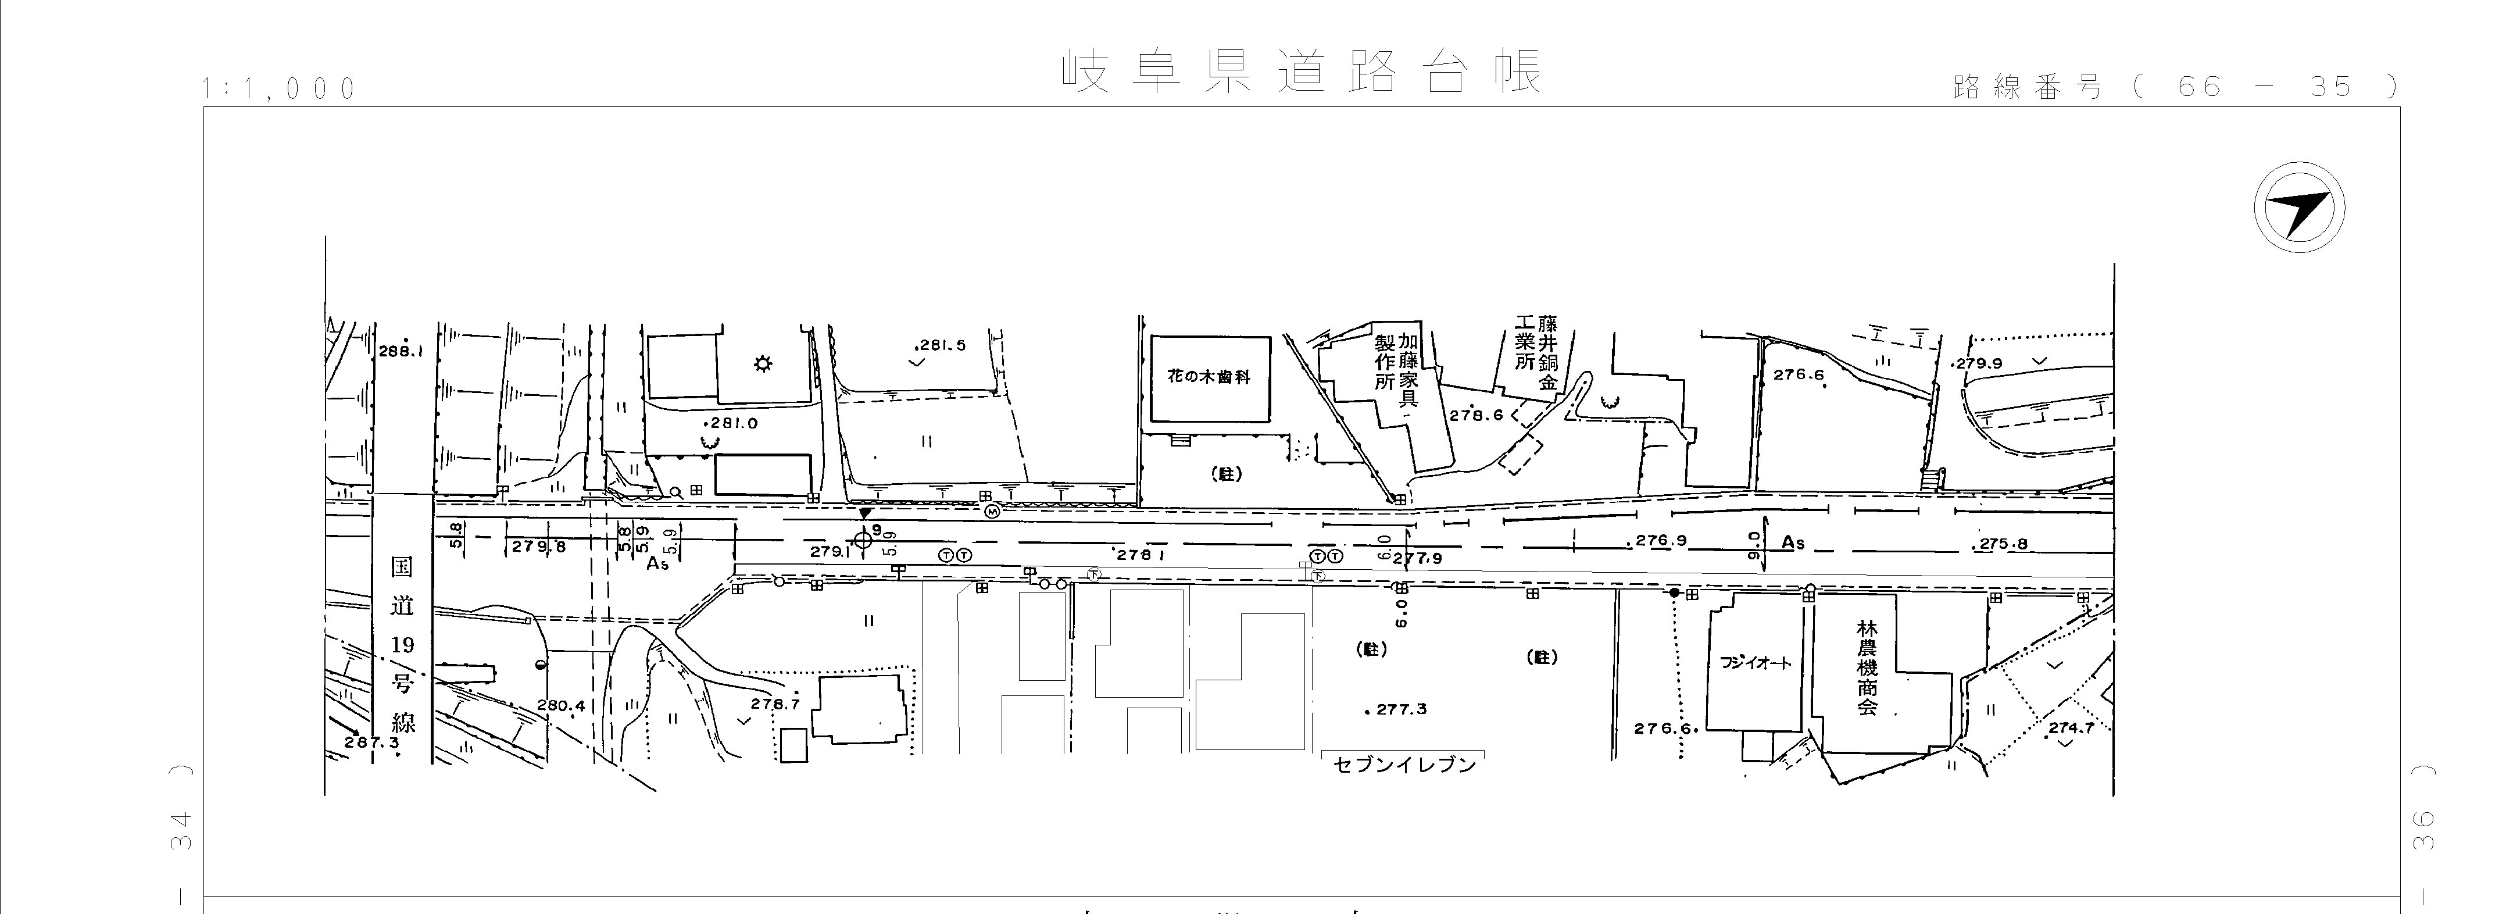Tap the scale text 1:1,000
pos(280,90)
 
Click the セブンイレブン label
pos(1404,765)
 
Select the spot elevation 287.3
pos(371,742)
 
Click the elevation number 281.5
pos(941,345)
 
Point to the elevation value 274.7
pos(2071,728)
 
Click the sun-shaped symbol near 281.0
pos(763,365)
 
